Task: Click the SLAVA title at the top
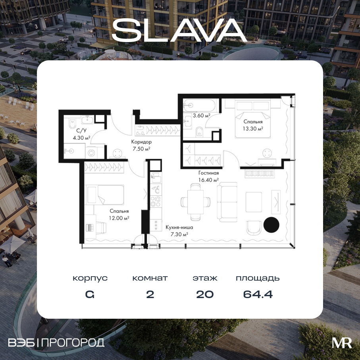pos(179,30)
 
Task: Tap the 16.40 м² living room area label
pos(208,180)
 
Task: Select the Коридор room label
pos(141,142)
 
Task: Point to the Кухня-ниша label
pos(179,227)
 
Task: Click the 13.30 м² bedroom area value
pos(253,129)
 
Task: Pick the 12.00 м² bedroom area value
pos(119,218)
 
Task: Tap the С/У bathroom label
pos(81,131)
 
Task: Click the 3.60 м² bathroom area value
pos(202,116)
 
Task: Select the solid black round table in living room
pos(271,225)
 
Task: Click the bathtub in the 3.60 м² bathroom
pos(199,106)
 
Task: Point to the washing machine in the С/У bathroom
pos(91,152)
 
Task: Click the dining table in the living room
pos(195,202)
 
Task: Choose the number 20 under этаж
pos(205,295)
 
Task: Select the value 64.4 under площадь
pos(258,295)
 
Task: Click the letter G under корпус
pos(90,295)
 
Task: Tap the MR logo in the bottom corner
pos(342,343)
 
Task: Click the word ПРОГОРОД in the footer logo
pos(73,343)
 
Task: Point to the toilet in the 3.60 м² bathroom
pos(200,132)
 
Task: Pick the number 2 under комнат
pos(150,295)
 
